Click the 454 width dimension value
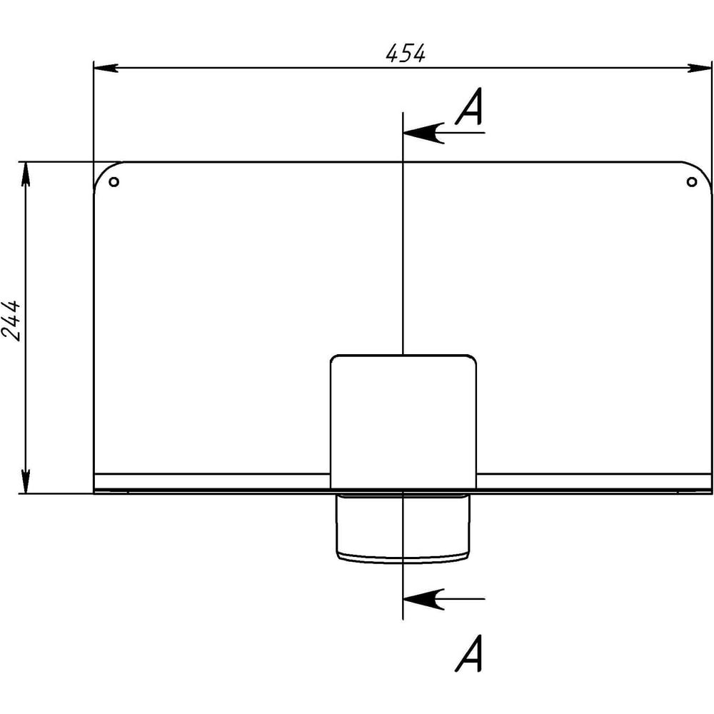click(406, 53)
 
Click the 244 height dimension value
click(11, 321)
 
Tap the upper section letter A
click(470, 106)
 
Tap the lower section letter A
click(470, 653)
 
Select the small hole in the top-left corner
click(114, 182)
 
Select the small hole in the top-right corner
click(692, 182)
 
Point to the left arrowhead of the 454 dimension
click(106, 68)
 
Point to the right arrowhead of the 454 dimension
click(699, 68)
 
